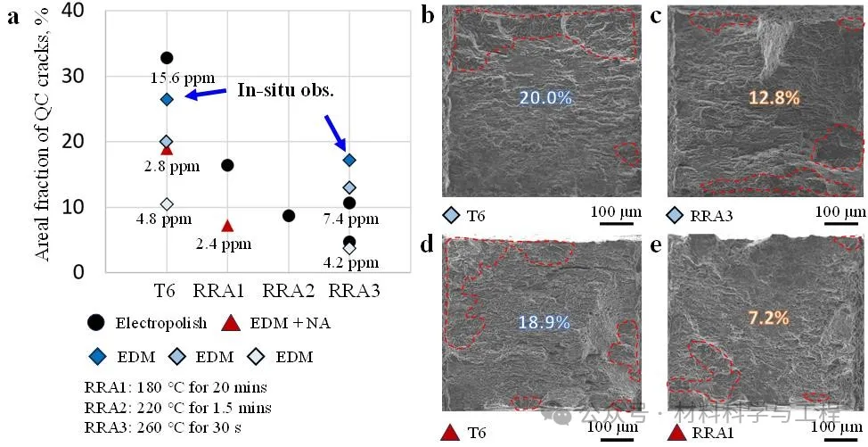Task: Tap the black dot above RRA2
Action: coord(289,216)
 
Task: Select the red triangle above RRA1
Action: coord(227,227)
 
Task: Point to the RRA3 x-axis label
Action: coord(349,290)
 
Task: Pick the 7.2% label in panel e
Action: coord(767,318)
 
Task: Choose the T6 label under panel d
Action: coord(477,433)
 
